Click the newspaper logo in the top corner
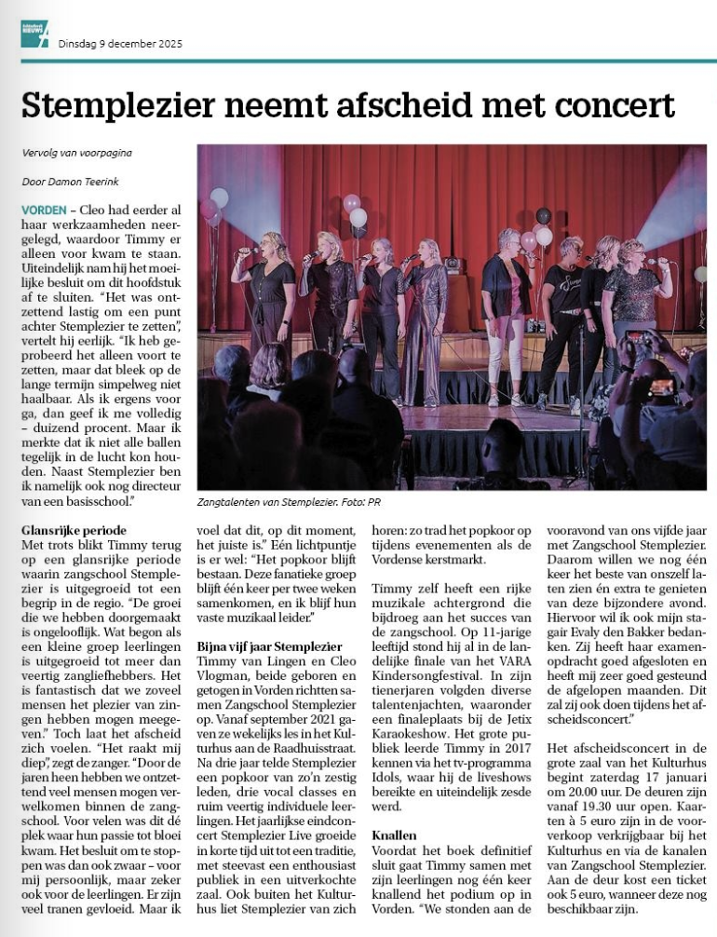point(34,34)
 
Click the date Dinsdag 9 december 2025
point(120,44)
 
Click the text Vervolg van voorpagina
point(76,153)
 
